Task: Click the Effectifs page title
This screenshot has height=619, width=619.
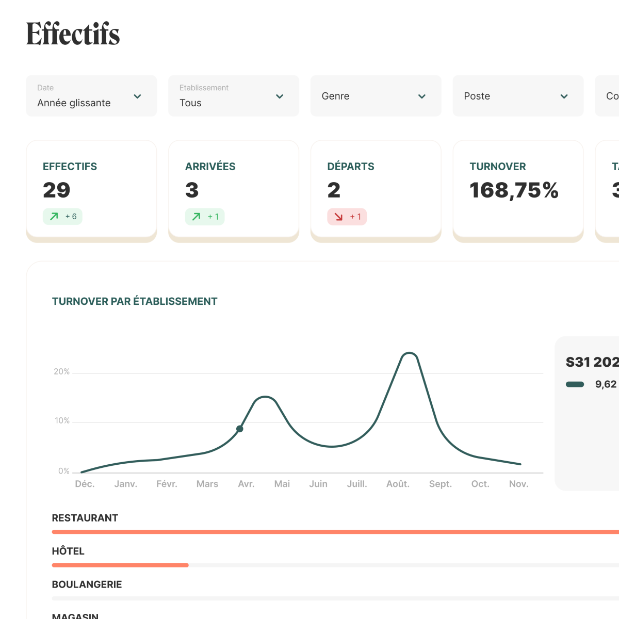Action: click(73, 34)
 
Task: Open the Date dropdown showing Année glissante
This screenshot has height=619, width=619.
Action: click(91, 96)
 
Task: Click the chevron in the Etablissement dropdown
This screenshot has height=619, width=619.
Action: click(280, 96)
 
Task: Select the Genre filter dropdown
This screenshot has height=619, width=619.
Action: click(376, 96)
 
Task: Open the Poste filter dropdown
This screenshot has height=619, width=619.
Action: click(517, 96)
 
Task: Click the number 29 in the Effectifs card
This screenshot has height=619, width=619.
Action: click(57, 190)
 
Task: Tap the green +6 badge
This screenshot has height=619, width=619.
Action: click(62, 217)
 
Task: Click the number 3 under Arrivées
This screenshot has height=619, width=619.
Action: click(192, 190)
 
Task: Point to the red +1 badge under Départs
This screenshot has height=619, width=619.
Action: click(347, 217)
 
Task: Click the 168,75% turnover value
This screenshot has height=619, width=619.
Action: click(514, 190)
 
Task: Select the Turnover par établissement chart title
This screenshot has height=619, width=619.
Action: click(135, 301)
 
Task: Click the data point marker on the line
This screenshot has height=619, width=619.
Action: click(240, 429)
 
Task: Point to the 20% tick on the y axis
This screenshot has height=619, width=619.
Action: click(61, 371)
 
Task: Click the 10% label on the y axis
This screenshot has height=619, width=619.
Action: click(62, 420)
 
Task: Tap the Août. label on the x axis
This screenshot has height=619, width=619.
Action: click(398, 484)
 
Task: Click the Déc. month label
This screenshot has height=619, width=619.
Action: click(85, 484)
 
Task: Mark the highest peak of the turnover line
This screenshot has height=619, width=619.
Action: click(409, 353)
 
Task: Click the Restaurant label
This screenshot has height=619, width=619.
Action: click(85, 518)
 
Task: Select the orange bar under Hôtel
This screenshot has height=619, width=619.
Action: click(120, 565)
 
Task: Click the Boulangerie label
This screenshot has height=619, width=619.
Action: click(87, 584)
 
